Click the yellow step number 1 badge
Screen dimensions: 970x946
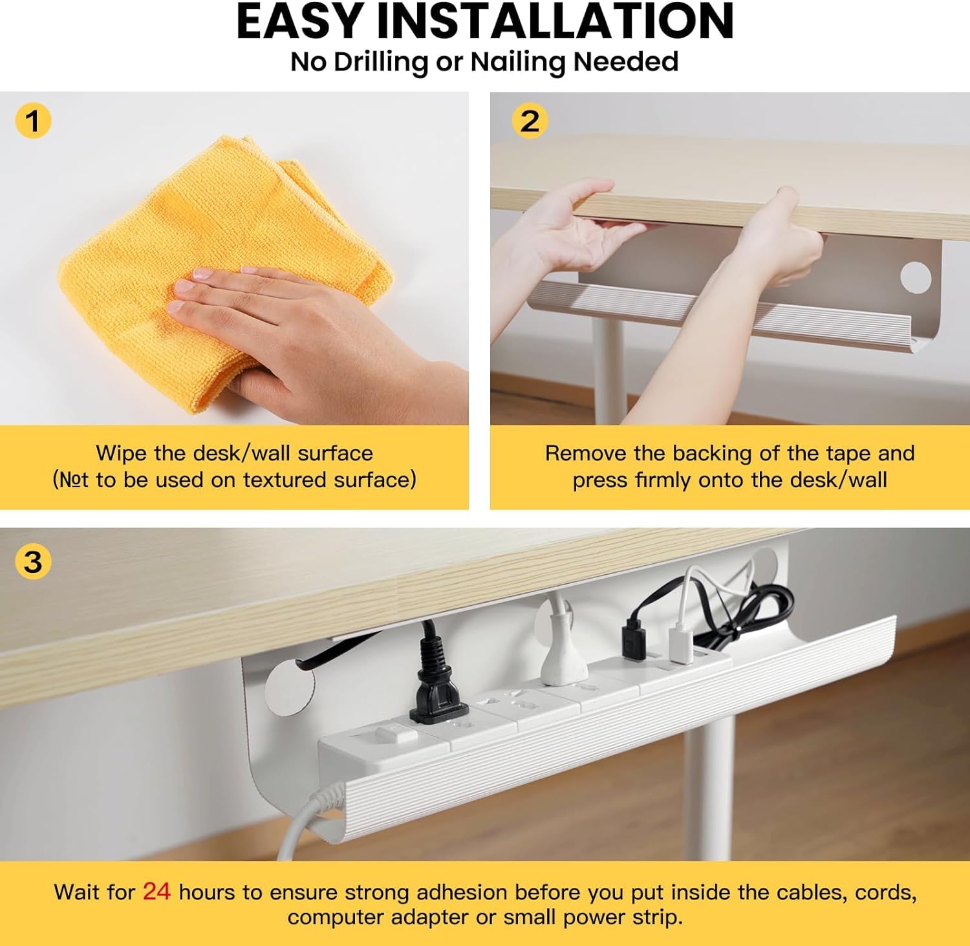click(x=33, y=121)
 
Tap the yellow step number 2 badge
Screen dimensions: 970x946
click(x=530, y=121)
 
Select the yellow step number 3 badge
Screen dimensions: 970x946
click(x=33, y=561)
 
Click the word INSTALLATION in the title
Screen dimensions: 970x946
click(x=555, y=22)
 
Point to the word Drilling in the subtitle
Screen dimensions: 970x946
click(x=381, y=63)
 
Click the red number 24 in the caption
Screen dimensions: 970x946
click(x=156, y=892)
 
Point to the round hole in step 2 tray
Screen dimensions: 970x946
click(x=916, y=277)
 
